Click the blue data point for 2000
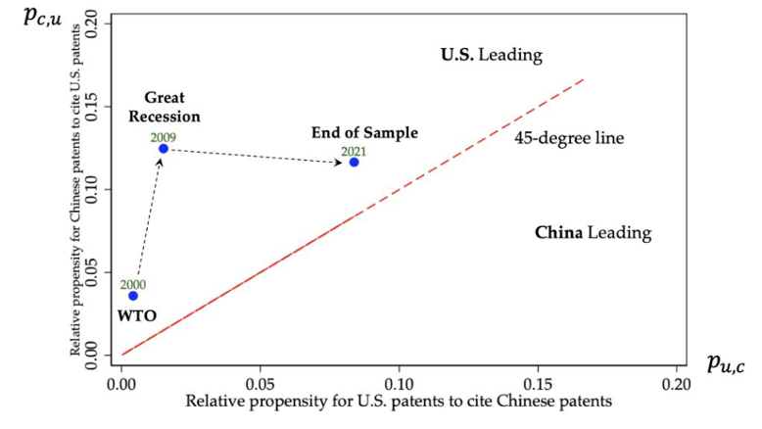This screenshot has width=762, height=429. click(x=133, y=296)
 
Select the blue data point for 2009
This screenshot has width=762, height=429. click(x=164, y=149)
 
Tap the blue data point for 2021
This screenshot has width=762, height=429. click(x=354, y=162)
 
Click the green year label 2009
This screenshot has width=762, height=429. click(x=164, y=137)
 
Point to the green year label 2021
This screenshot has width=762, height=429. click(x=354, y=151)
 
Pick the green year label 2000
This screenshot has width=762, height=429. click(x=133, y=284)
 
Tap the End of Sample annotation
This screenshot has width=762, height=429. click(x=364, y=133)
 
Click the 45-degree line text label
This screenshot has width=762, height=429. click(x=569, y=138)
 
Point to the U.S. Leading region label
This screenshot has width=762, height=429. click(x=491, y=55)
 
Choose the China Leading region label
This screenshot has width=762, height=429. click(x=593, y=233)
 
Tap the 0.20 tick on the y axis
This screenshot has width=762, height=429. click(x=94, y=26)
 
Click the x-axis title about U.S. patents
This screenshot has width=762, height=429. click(x=399, y=401)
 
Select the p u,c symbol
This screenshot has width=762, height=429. click(x=726, y=363)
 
